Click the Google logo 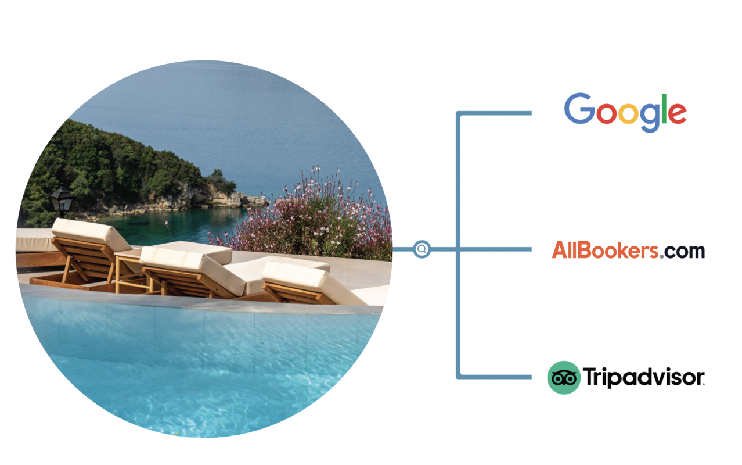coord(625,112)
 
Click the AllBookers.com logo coord(628,251)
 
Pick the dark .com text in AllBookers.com coord(683,251)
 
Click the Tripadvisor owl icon coord(563,378)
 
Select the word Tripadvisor coord(643,377)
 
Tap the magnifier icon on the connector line coord(422,249)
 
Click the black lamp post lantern coord(62,201)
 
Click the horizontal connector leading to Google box coord(494,113)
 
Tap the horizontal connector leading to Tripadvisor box coord(494,377)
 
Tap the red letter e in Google coord(678,114)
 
